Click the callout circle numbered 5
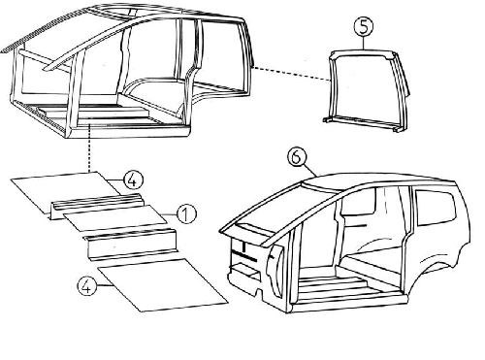364,26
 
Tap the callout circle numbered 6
298,157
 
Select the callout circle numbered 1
186,214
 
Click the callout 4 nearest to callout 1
133,180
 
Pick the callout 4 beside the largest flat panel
87,286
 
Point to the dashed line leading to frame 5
291,74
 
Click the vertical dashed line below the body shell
88,148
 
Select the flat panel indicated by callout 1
114,217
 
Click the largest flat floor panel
163,284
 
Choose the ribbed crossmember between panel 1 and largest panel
131,245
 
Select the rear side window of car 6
435,207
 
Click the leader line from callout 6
311,171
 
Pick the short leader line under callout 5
364,43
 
